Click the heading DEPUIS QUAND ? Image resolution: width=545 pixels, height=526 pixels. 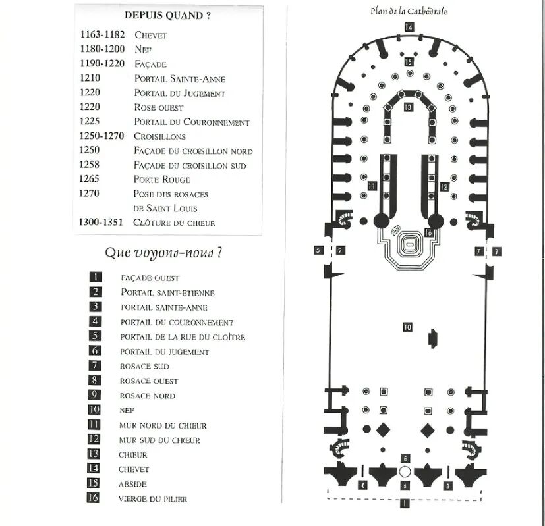(x=167, y=16)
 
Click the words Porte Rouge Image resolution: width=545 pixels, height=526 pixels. (x=161, y=180)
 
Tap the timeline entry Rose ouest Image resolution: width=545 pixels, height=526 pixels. (x=158, y=107)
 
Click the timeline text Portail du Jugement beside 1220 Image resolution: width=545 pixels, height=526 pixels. (x=179, y=93)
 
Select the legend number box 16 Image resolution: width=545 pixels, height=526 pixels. (x=94, y=498)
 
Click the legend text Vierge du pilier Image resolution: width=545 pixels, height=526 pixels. (x=153, y=499)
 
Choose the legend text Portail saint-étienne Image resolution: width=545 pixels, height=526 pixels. (x=167, y=292)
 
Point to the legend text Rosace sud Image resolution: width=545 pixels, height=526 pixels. (x=144, y=366)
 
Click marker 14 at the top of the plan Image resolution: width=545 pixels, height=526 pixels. (x=409, y=27)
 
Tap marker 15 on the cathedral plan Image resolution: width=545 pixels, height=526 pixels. (x=409, y=62)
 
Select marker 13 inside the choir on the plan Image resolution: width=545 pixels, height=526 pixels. (x=409, y=107)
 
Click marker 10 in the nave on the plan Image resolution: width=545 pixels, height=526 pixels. (x=407, y=327)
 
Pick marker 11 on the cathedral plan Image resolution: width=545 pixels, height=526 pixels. (x=372, y=187)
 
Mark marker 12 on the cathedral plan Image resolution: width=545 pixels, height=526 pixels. (x=444, y=187)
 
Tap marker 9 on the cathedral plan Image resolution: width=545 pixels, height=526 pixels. (x=339, y=250)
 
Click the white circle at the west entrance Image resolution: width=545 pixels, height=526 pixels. (x=405, y=472)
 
